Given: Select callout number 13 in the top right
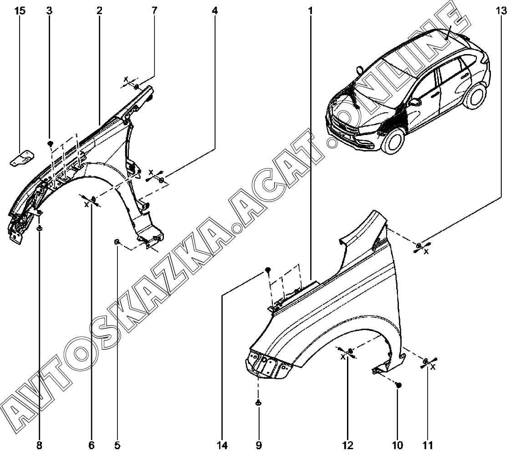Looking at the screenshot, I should click(x=501, y=10).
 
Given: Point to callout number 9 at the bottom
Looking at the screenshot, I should click(x=259, y=444).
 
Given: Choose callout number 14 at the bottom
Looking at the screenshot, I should click(x=222, y=444).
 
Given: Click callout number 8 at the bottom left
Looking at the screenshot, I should click(x=39, y=444).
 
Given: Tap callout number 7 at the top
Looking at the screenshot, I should click(x=154, y=10).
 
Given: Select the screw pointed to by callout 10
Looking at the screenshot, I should click(x=399, y=385).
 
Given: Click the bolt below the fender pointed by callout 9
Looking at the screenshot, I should click(x=258, y=402).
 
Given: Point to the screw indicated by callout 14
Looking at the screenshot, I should click(x=268, y=271).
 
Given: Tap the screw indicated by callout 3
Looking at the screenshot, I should click(x=50, y=144).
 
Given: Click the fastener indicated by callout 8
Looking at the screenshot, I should click(x=39, y=229).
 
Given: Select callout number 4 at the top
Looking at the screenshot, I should click(x=214, y=10).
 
